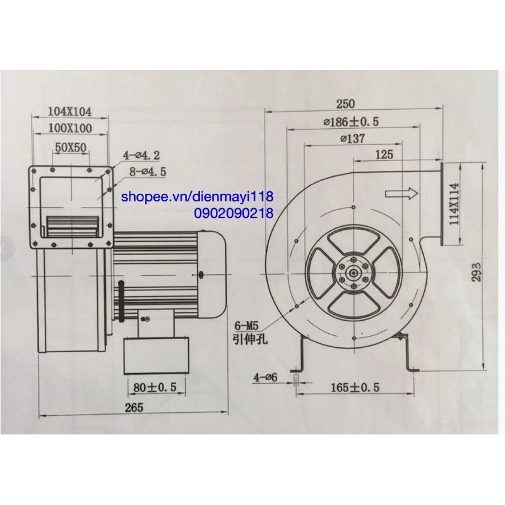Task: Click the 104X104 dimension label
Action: (70, 112)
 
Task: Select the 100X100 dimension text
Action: (70, 129)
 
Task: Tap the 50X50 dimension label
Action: (71, 148)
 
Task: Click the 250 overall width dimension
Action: (347, 104)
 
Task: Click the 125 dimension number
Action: (384, 154)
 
